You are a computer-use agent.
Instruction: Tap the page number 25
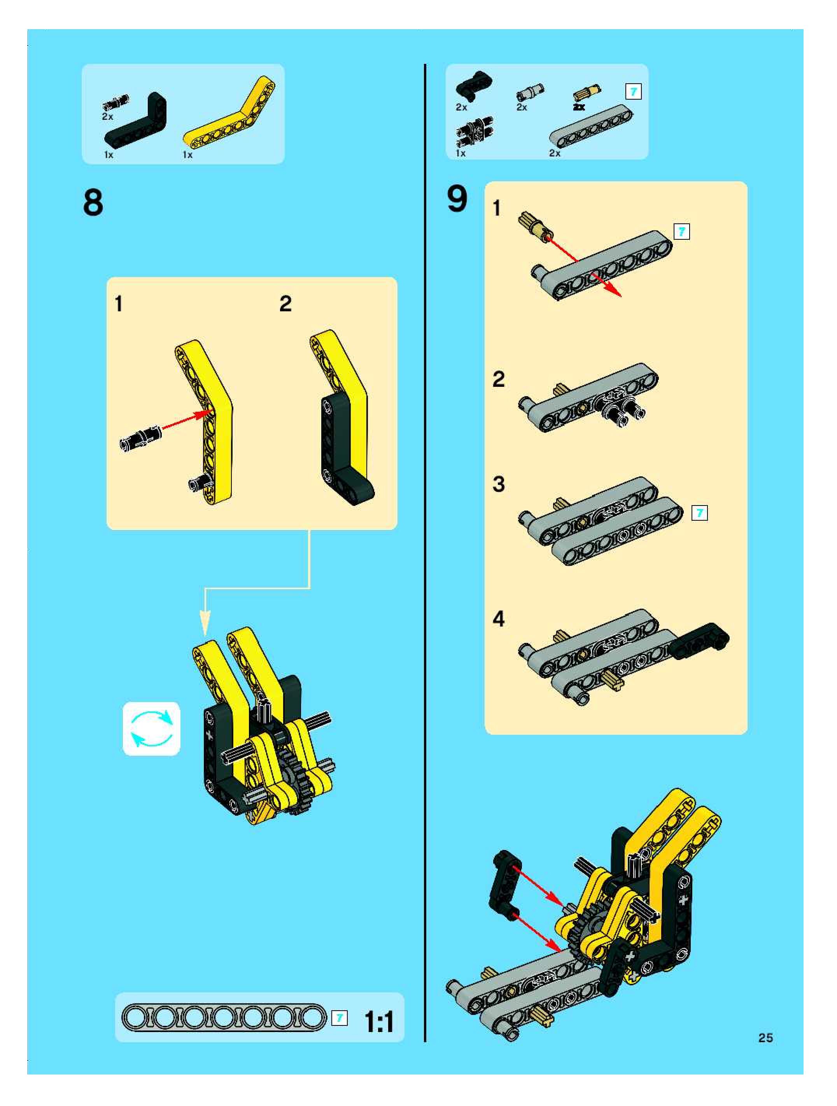[x=765, y=1038]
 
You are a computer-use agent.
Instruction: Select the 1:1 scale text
[x=379, y=1022]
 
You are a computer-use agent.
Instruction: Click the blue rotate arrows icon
[x=151, y=729]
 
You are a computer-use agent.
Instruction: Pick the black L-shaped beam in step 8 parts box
[x=135, y=121]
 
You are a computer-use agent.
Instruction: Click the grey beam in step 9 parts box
[x=591, y=126]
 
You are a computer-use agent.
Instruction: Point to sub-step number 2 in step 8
[x=285, y=304]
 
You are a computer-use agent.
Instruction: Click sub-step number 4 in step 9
[x=499, y=619]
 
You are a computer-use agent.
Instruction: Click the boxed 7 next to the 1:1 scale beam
[x=339, y=1018]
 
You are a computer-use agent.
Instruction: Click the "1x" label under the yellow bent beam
[x=187, y=155]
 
